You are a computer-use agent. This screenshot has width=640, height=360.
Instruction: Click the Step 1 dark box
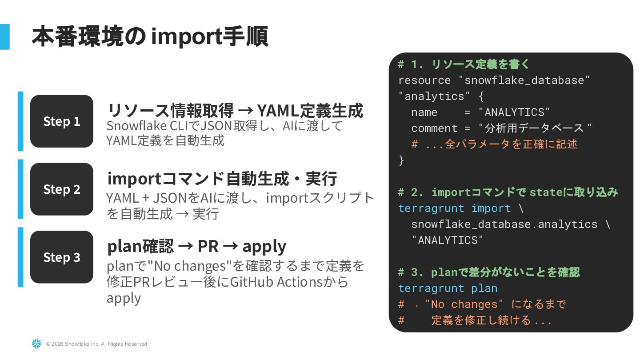[x=62, y=121]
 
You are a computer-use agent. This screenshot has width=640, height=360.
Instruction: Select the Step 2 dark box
[x=62, y=189]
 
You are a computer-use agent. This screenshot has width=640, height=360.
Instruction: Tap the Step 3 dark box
[x=62, y=257]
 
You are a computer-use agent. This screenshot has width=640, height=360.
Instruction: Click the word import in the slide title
[x=186, y=37]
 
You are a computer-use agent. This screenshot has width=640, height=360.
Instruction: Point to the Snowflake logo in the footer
[x=36, y=344]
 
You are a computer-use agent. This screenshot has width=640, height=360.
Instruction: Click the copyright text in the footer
[x=96, y=344]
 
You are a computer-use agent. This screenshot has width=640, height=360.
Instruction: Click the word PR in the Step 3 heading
[x=208, y=246]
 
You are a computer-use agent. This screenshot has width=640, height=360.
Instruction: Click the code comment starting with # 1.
[x=464, y=64]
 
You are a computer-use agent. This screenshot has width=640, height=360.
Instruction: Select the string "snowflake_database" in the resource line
[x=524, y=80]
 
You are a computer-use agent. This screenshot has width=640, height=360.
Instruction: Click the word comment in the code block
[x=434, y=128]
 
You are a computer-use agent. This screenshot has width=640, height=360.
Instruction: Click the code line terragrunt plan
[x=448, y=288]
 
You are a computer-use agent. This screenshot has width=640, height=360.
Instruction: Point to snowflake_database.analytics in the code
[x=504, y=224]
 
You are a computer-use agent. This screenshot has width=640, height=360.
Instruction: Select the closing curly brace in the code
[x=401, y=160]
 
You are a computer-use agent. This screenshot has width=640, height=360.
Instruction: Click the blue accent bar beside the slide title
[x=4, y=36]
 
